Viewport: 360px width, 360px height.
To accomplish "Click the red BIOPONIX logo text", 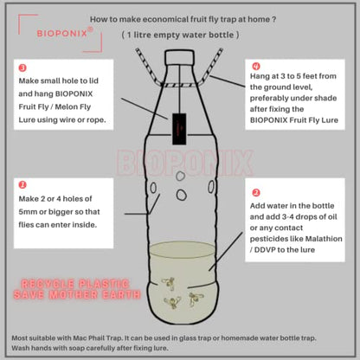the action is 62,34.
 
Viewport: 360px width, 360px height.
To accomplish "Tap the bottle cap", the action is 179,57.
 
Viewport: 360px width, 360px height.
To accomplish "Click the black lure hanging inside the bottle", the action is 179,129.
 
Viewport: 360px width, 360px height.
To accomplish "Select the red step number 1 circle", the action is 22,184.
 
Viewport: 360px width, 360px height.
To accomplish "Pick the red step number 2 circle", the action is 256,192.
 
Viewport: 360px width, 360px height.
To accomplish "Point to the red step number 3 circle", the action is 22,68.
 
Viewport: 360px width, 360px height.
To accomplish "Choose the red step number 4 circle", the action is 256,67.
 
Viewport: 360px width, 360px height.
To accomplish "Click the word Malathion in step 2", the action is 324,239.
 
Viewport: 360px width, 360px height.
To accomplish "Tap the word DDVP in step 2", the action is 265,250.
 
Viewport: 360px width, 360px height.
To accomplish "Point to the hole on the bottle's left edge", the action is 153,188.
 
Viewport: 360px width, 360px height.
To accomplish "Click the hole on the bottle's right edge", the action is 211,187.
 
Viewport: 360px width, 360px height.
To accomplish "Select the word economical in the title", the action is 165,20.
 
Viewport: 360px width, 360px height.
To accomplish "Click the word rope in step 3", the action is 97,120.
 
